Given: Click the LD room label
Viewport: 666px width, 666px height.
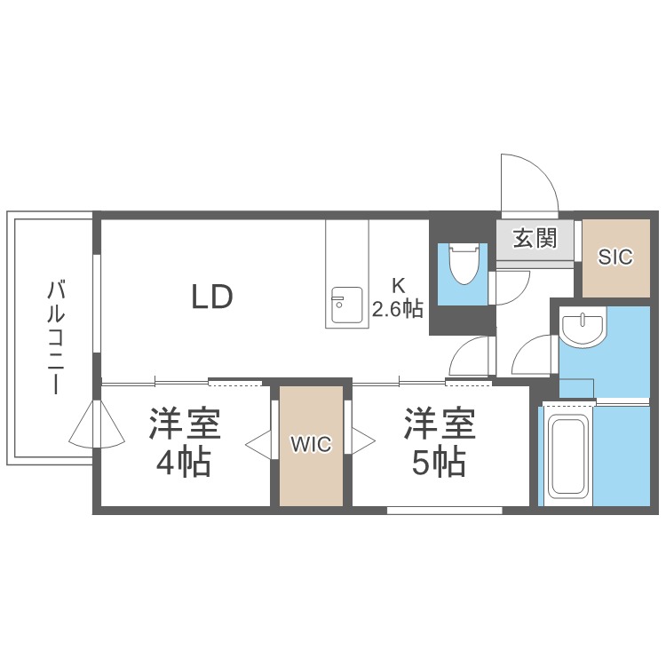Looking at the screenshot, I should [212, 296].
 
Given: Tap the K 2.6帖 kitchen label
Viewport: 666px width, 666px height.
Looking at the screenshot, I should [398, 297].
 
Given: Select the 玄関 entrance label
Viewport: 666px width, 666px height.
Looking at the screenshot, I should [535, 238].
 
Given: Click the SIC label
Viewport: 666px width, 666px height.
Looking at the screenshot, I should [614, 258].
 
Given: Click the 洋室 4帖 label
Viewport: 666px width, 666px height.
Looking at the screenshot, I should [184, 442].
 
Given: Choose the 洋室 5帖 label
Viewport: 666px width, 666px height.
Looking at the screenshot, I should [440, 442].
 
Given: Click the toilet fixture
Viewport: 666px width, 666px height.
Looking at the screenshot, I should [462, 264].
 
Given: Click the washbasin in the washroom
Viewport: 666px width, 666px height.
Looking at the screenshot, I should [583, 327].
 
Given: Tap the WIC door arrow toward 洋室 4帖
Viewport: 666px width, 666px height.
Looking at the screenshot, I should [258, 442].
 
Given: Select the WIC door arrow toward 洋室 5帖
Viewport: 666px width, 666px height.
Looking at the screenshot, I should [363, 441].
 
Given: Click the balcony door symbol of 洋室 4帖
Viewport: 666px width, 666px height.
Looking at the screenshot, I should [98, 424].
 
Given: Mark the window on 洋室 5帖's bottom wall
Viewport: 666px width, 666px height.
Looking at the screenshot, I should [444, 510].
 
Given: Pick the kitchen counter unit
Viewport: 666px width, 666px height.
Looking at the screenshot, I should [346, 274].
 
